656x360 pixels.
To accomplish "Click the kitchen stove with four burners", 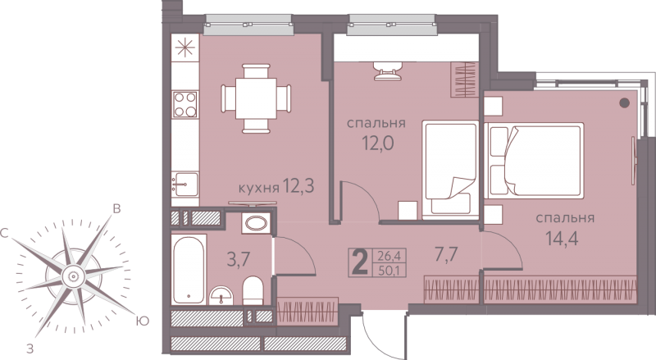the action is (x=185, y=104).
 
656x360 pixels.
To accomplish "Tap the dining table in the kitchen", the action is (x=256, y=98).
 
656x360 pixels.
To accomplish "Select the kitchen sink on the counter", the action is (x=185, y=185).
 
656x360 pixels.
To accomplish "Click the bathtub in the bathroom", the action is (x=189, y=270).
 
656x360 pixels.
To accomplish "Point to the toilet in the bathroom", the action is (x=253, y=289).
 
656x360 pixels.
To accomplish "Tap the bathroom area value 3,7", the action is (x=239, y=259).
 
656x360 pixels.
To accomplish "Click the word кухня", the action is (x=258, y=188).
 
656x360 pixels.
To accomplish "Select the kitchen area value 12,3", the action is (x=298, y=185).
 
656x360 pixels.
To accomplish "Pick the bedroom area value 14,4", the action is (x=563, y=239).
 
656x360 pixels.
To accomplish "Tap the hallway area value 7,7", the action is (x=447, y=254).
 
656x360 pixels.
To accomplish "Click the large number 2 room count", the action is (x=360, y=262).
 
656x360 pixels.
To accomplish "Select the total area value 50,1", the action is (x=388, y=270).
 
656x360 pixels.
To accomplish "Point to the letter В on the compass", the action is (x=117, y=209).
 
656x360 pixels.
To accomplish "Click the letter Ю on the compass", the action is (x=143, y=321).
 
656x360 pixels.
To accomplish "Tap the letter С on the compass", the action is (x=5, y=234).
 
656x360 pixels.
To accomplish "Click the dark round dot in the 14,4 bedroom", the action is (x=625, y=103).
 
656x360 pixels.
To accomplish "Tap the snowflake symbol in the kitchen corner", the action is (x=185, y=48).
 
